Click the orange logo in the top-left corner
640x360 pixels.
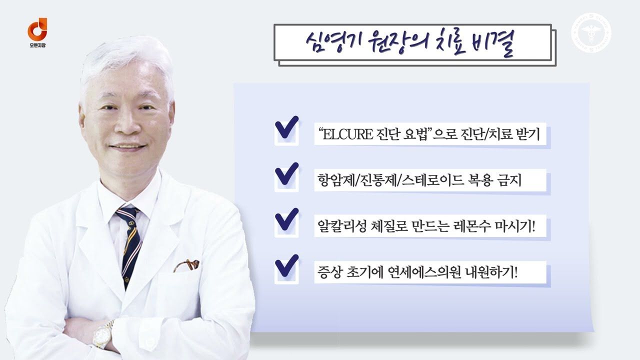[37, 29]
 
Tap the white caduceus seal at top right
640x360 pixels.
[591, 32]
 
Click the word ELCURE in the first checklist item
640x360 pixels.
[347, 134]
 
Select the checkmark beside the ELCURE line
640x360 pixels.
[286, 127]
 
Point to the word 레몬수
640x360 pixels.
[472, 227]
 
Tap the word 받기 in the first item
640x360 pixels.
[528, 134]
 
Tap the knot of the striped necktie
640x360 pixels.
[127, 214]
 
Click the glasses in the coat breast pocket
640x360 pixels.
[186, 265]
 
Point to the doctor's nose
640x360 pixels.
[125, 123]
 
